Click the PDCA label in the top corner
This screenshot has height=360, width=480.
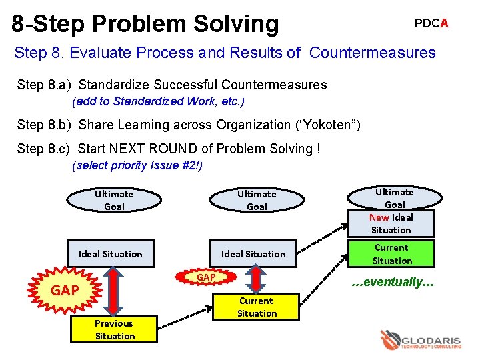coord(431,23)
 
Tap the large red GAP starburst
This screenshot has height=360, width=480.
coord(65,290)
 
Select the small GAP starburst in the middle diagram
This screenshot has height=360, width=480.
coord(205,277)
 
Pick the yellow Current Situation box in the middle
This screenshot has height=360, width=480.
coord(257,307)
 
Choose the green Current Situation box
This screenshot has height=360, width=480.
coord(391,254)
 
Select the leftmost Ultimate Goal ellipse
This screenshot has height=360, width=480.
coord(114,200)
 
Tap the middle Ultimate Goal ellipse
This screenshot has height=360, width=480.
coord(257,200)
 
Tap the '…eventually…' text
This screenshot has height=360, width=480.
coord(393,282)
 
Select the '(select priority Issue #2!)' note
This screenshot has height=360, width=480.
coord(137,165)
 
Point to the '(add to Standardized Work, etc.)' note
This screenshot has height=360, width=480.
coord(158,101)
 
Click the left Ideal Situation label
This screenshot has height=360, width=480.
coord(111,254)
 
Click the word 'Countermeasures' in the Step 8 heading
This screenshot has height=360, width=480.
coord(373,53)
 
